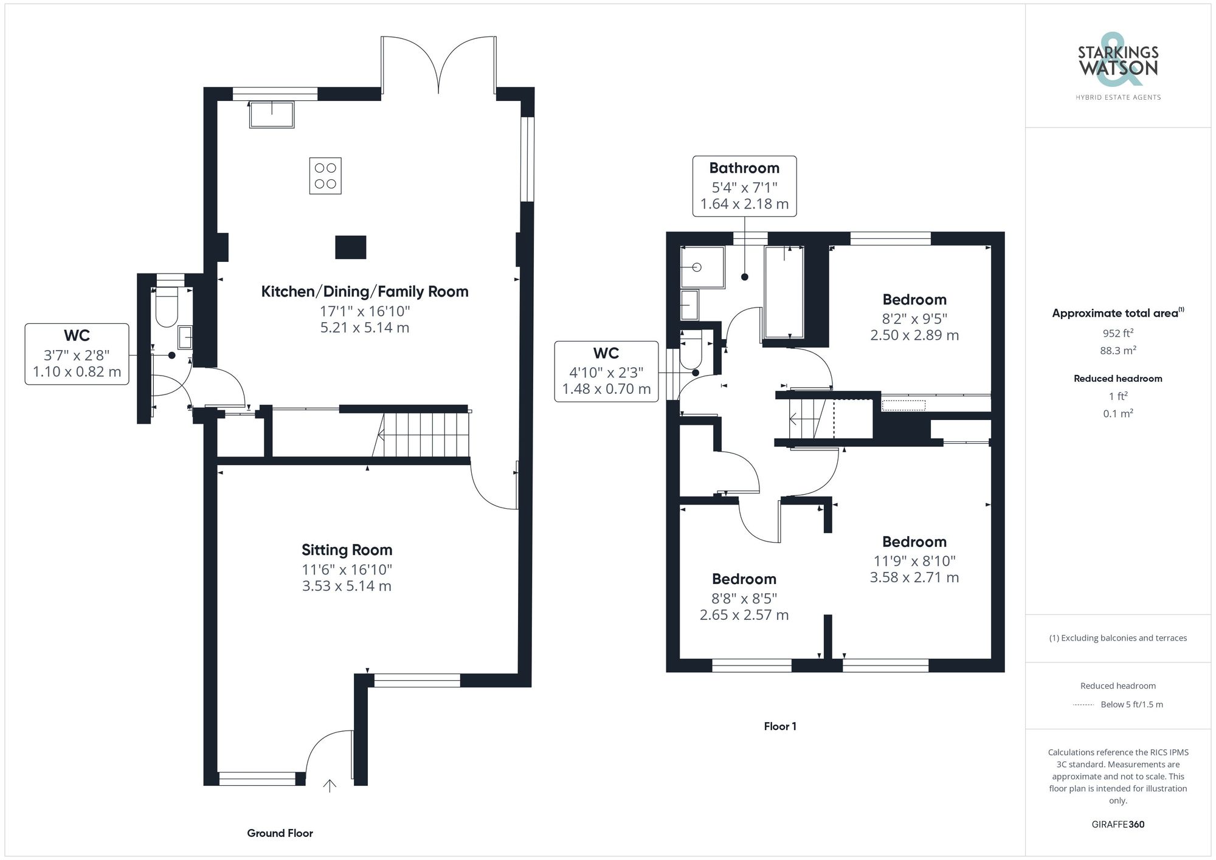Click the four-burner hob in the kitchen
[325, 176]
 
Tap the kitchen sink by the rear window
[272, 114]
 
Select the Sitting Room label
[347, 550]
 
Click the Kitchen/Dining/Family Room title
[365, 292]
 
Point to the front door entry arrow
[330, 786]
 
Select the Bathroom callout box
[744, 186]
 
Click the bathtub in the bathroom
[784, 292]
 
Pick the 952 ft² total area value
[1118, 333]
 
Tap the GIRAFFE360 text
[1118, 825]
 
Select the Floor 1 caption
[780, 726]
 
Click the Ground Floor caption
[280, 833]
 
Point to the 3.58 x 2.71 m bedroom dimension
[914, 577]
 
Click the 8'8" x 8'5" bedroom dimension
[744, 599]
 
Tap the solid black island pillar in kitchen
[351, 247]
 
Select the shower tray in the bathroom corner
[702, 267]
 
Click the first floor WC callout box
[606, 371]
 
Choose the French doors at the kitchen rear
[438, 66]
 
